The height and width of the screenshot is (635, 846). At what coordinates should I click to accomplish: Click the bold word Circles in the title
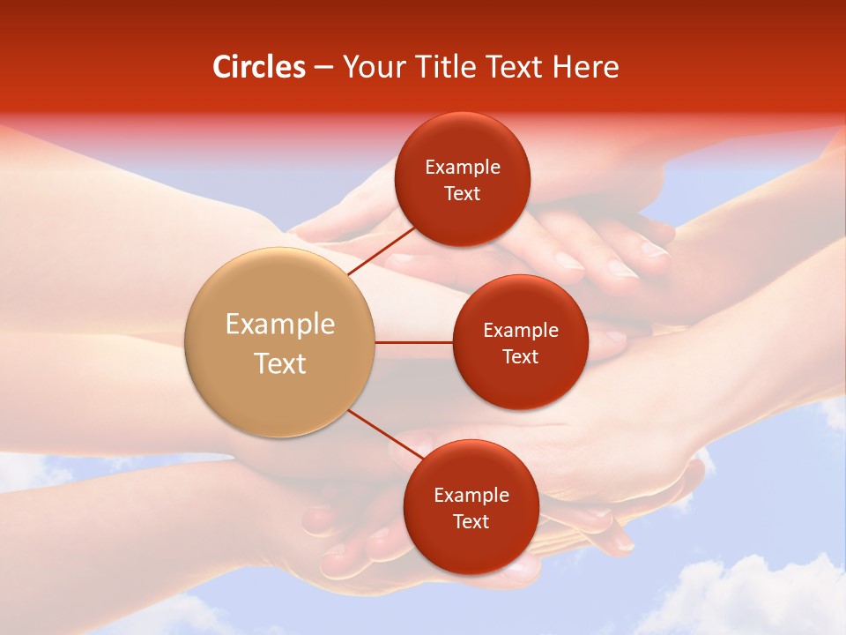[x=259, y=67]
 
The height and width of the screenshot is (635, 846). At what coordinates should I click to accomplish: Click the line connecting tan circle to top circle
[x=381, y=250]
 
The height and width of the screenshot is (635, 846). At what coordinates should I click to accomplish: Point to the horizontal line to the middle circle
[x=414, y=342]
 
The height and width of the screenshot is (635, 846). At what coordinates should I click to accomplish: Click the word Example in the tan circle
[x=280, y=325]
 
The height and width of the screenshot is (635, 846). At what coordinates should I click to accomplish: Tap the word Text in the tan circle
[x=280, y=363]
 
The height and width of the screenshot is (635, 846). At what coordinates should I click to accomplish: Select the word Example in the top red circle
[x=463, y=168]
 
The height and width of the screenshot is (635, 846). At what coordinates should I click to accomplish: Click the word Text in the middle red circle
[x=520, y=356]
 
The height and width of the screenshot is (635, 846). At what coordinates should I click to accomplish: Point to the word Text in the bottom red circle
[x=471, y=521]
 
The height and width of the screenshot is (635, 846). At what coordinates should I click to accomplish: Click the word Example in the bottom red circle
[x=471, y=496]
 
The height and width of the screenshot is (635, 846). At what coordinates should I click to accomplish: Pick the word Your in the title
[x=368, y=67]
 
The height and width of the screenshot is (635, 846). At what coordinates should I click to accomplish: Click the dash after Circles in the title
[x=324, y=68]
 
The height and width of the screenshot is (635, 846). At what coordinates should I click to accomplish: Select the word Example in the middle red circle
[x=521, y=331]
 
